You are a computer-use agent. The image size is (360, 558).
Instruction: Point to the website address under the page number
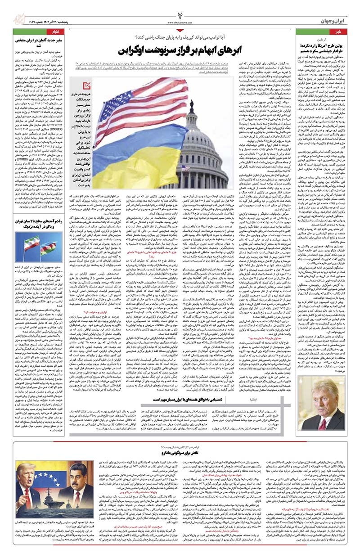coord(180,21)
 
